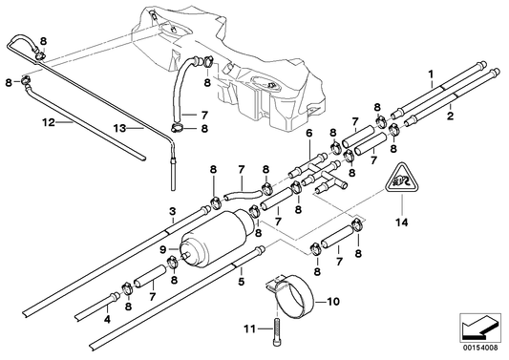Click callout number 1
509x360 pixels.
[x=432, y=74]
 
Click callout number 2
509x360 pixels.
[x=451, y=116]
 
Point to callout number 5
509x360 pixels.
[x=242, y=282]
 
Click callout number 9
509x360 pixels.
[x=163, y=250]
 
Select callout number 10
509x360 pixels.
[x=333, y=303]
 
